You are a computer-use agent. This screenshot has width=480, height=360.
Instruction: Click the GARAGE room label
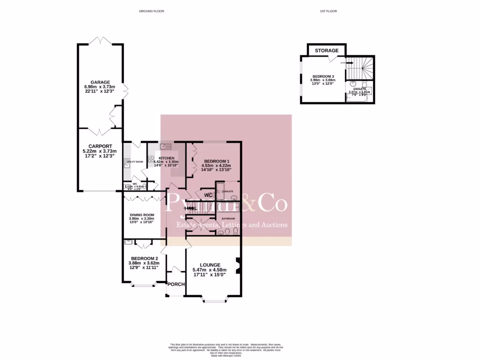[100, 82]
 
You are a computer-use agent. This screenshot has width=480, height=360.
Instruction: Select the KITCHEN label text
[167, 158]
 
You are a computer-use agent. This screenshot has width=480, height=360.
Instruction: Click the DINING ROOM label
[142, 215]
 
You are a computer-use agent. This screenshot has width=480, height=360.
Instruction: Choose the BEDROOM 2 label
[144, 258]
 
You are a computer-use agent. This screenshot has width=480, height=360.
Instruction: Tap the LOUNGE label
[210, 264]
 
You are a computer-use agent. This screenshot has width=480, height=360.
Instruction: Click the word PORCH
[176, 284]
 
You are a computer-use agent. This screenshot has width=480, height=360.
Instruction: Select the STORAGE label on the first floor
[327, 51]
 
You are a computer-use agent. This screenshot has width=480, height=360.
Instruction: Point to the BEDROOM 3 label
[323, 76]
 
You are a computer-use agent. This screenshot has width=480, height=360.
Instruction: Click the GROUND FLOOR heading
[151, 11]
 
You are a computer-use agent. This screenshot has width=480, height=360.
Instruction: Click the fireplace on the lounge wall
[238, 265]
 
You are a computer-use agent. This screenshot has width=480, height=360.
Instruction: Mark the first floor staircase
[361, 68]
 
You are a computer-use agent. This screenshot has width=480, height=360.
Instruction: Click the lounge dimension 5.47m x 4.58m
[210, 270]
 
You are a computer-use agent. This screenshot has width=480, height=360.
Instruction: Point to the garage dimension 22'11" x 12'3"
[100, 92]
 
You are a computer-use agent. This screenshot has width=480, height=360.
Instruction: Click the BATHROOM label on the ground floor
[228, 218]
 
